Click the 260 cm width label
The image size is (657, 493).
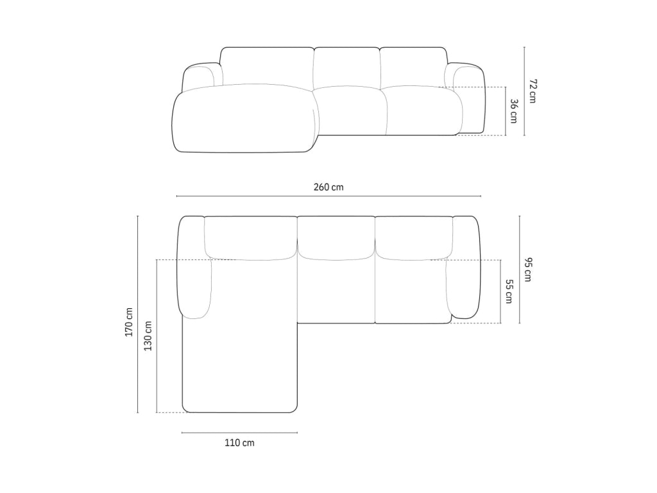coord(328,187)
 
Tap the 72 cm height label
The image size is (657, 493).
coord(533,91)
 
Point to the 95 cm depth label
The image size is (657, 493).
coord(527,270)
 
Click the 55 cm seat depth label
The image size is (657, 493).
coord(509,291)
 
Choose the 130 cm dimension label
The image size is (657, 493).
coord(148,336)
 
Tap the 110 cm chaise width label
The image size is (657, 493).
coord(239,443)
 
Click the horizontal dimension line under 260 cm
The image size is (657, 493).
coord(328,196)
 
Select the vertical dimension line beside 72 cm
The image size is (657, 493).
coord(524,91)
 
